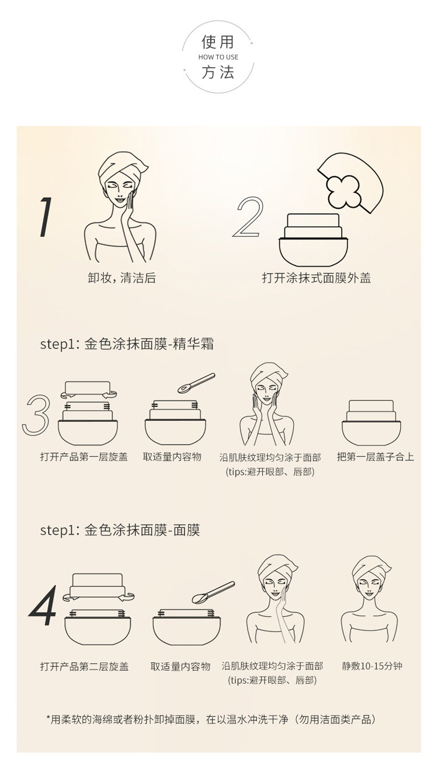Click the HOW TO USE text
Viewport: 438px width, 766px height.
click(218, 57)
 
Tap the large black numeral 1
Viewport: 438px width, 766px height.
click(45, 217)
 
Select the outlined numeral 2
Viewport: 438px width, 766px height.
click(248, 217)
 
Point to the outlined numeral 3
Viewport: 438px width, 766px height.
click(36, 415)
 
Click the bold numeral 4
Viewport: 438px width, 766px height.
click(43, 606)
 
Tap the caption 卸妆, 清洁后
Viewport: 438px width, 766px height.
click(122, 278)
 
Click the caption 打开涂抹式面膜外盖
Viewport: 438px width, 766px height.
click(317, 278)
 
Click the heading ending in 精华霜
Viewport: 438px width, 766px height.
click(127, 344)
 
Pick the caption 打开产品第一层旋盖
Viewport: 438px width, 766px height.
click(84, 457)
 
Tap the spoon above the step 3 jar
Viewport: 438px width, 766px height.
click(196, 383)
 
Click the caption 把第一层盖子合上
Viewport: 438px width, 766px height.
click(376, 457)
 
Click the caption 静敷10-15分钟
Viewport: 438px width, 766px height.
click(372, 666)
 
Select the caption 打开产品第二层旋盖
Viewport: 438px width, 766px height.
click(84, 666)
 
